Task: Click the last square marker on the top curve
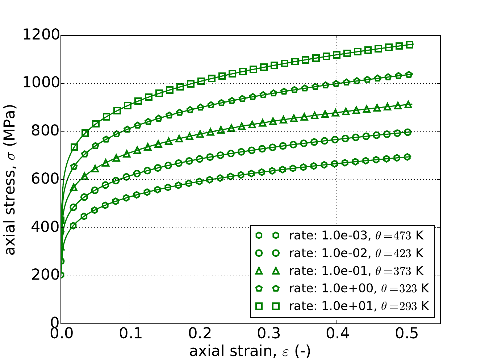click(x=410, y=45)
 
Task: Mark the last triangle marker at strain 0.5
click(x=408, y=105)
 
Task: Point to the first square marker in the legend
click(x=259, y=306)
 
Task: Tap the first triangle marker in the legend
click(x=259, y=271)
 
